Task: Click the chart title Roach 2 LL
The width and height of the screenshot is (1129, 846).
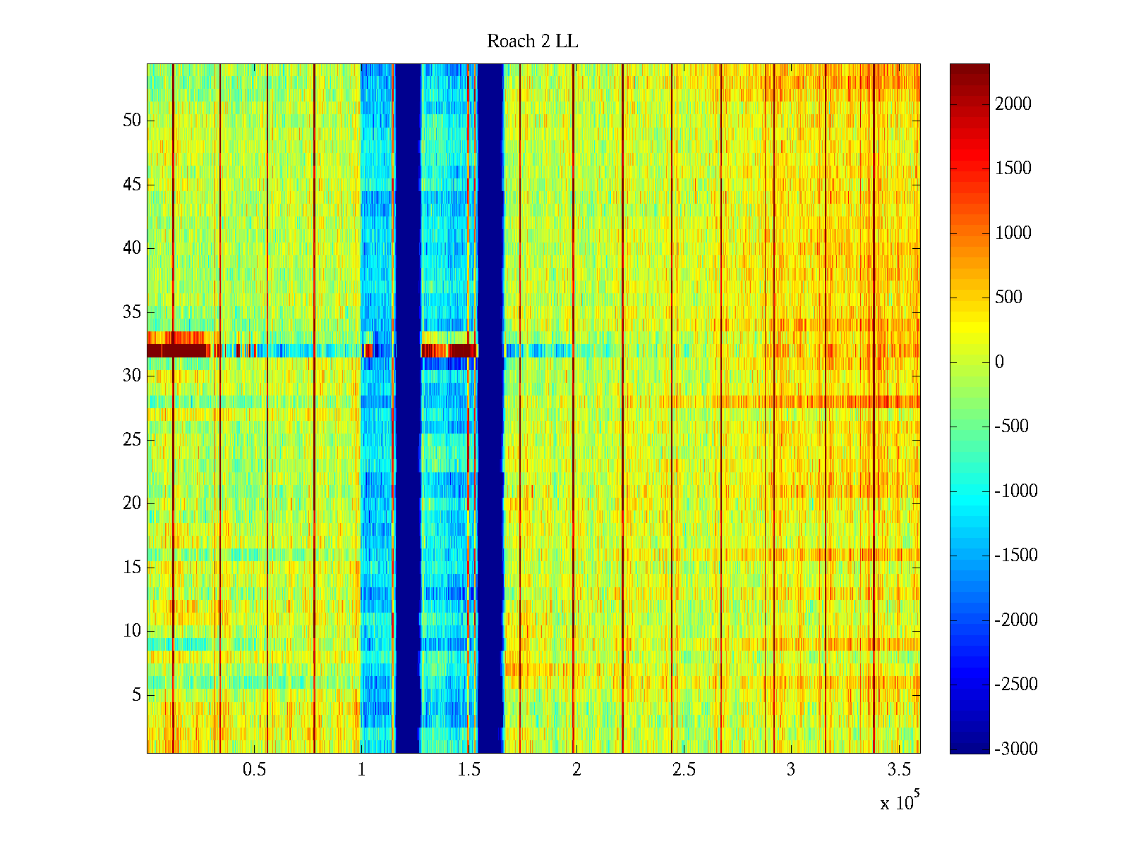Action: [x=532, y=42]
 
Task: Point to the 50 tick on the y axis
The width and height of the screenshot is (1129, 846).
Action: [x=132, y=121]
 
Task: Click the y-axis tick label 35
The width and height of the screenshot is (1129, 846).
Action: [x=132, y=312]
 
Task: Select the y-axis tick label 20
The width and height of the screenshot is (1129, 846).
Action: [x=132, y=503]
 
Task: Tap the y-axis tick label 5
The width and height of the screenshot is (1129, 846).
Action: [x=136, y=695]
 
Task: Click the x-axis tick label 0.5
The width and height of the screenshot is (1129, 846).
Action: [x=254, y=770]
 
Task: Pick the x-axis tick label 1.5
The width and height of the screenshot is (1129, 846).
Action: [x=469, y=770]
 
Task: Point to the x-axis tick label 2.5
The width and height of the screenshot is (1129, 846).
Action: [x=683, y=770]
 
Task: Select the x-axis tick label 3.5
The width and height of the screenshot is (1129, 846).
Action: [x=898, y=770]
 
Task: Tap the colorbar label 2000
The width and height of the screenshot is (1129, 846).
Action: [x=1013, y=104]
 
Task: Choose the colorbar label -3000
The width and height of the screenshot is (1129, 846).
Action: [x=1016, y=749]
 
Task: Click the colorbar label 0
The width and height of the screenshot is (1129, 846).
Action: [x=999, y=362]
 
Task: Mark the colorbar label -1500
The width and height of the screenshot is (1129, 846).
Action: [x=1016, y=556]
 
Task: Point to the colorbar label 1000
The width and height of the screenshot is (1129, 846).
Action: [x=1013, y=233]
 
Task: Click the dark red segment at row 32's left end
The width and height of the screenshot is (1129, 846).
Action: [x=176, y=350]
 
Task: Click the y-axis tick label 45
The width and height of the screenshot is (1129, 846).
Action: [x=132, y=185]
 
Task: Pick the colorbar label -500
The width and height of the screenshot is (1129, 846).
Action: [x=1012, y=427]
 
